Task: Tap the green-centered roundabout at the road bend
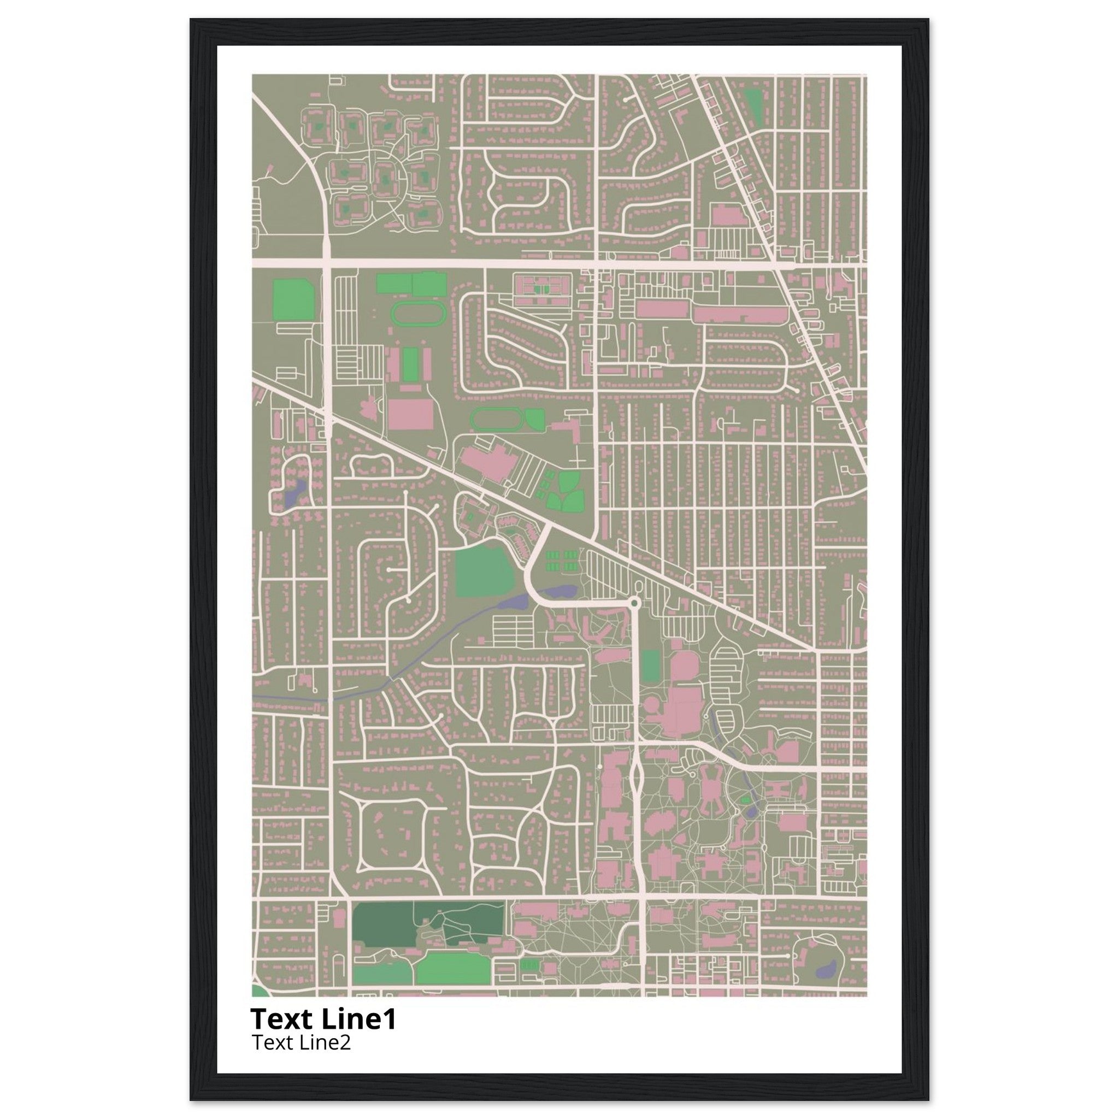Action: click(x=635, y=604)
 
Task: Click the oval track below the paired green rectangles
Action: click(x=417, y=313)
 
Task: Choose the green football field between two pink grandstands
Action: click(x=410, y=364)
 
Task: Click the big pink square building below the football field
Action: click(x=410, y=414)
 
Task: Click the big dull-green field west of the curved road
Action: click(x=484, y=570)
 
